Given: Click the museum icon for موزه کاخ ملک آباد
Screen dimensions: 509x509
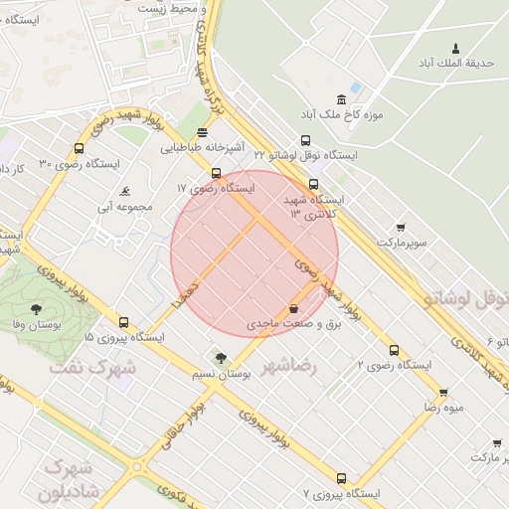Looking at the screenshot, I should [x=342, y=98].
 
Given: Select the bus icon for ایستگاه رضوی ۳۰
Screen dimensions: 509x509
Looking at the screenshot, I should [x=79, y=149].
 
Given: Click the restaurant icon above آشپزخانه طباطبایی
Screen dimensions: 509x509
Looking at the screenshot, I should [x=203, y=132].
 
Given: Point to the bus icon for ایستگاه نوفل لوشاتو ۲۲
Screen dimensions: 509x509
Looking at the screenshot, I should [x=305, y=140].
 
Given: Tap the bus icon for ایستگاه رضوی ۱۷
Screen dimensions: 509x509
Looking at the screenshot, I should [x=216, y=173].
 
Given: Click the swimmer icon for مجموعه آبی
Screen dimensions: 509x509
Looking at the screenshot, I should [x=125, y=192].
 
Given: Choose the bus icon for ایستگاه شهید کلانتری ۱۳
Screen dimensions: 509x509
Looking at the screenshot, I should [x=313, y=184].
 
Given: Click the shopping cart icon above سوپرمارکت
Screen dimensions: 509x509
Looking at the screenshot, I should [x=401, y=228].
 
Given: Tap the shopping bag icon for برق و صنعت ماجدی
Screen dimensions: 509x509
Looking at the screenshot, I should [x=292, y=308].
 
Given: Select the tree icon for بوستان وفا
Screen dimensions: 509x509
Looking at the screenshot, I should [x=37, y=309].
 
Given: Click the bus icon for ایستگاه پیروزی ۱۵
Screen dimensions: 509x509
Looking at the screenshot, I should [x=123, y=322].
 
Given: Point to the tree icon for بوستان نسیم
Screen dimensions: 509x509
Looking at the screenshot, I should [x=220, y=358].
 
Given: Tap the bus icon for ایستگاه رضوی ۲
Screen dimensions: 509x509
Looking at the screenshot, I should [x=395, y=350].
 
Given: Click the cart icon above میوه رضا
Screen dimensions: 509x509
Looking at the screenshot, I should [x=442, y=392].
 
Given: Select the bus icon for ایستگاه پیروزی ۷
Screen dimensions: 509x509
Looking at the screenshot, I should [x=342, y=478].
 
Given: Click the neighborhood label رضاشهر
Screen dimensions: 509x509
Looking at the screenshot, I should [x=288, y=367].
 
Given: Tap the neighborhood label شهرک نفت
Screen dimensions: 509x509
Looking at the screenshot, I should [x=85, y=367].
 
